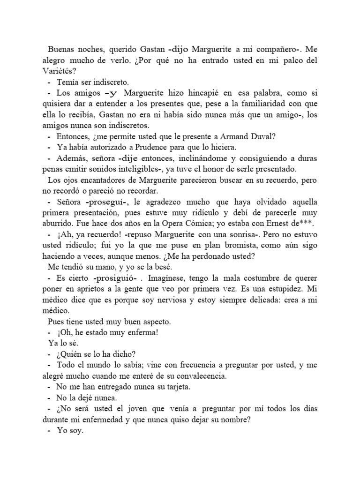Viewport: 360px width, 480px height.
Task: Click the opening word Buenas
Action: pos(62,50)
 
